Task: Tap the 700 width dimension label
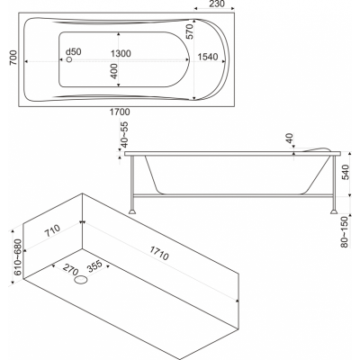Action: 13,58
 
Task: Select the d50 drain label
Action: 74,51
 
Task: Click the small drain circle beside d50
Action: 69,59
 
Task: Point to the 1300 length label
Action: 121,54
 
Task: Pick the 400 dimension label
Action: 114,71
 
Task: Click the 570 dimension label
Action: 191,31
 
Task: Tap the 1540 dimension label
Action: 208,57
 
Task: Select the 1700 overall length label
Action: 120,112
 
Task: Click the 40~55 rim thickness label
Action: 124,135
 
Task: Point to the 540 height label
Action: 346,172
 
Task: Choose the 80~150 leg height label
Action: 345,232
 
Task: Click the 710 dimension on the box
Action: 52,231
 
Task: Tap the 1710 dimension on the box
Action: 159,252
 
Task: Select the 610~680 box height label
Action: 18,257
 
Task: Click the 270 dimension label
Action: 70,269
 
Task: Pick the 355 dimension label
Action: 94,266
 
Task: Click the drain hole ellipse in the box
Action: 81,281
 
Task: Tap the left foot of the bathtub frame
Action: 132,211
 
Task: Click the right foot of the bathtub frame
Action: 334,211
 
